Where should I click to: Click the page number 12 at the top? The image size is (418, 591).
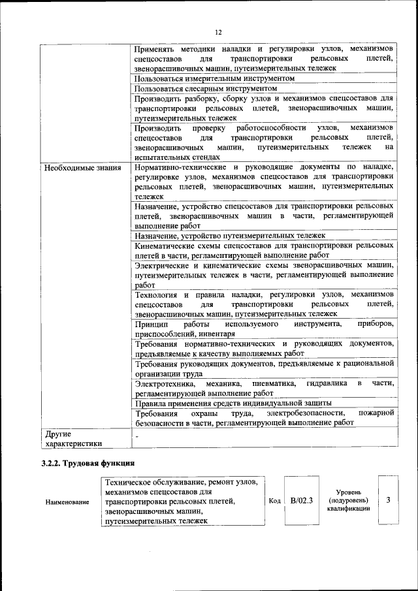218,33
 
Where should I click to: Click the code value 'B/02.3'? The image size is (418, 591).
302,501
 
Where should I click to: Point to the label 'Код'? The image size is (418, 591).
275,501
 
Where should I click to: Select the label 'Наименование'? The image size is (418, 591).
67,502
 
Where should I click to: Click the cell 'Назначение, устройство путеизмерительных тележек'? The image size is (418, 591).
230,236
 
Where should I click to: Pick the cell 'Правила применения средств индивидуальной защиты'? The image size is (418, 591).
233,402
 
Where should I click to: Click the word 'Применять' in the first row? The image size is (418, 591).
155,49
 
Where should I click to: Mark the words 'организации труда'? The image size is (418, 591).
169,373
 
